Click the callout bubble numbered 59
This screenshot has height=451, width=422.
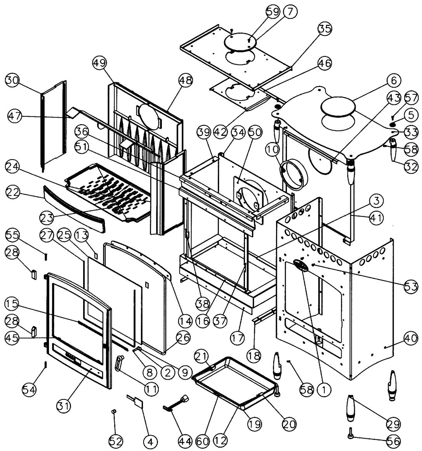click(273, 12)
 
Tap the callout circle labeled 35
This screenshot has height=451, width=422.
click(325, 28)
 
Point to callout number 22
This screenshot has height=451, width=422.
click(13, 192)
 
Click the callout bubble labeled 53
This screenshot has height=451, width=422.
click(411, 286)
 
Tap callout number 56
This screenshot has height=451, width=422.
click(394, 441)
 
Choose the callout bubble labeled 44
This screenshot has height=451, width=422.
click(185, 441)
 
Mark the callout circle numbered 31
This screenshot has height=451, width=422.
click(64, 406)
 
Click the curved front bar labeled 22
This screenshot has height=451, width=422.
click(73, 208)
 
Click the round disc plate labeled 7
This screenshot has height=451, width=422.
click(240, 42)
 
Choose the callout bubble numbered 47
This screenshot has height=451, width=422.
click(15, 116)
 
